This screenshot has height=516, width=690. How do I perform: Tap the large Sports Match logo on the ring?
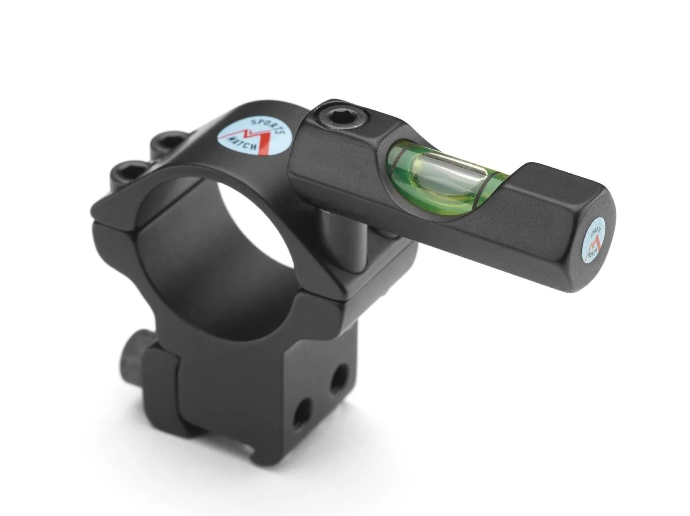pyautogui.click(x=252, y=137)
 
